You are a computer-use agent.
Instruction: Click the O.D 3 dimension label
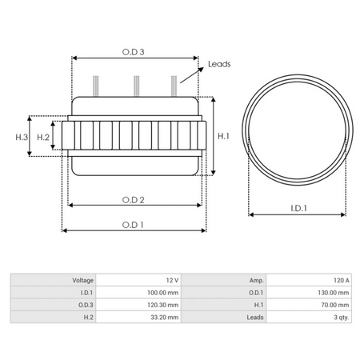coord(134,51)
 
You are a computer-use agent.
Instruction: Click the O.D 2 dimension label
coord(133,198)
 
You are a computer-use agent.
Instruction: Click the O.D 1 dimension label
coord(133,224)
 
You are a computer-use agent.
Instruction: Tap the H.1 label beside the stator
coord(224,137)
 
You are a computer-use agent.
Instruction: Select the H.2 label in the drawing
coord(44,138)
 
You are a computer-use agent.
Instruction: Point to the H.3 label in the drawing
coord(22,138)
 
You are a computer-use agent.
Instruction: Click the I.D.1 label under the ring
coord(298,208)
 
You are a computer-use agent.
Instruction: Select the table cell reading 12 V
coord(171,281)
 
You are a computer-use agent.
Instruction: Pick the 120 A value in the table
coord(342,281)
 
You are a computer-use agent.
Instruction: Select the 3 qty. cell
coord(340,317)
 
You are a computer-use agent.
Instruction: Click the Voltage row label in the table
coord(82,281)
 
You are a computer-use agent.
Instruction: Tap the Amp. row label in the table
coord(256,281)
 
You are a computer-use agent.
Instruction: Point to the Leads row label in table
coord(255,317)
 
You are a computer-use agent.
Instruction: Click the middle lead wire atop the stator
coord(137,83)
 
